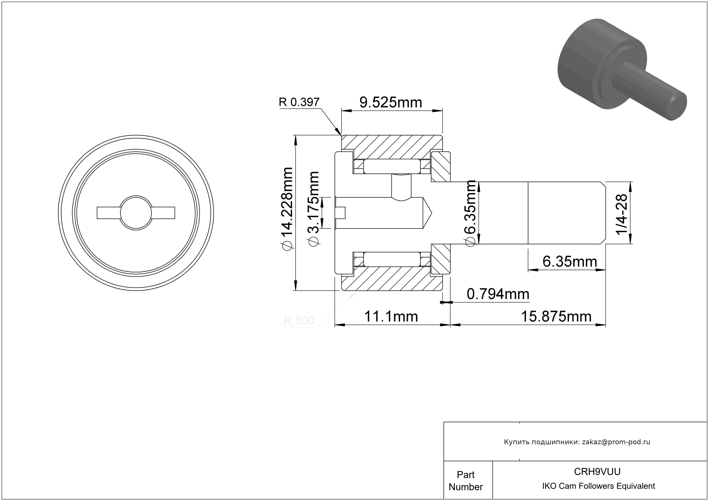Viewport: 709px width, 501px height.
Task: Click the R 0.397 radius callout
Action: (x=299, y=102)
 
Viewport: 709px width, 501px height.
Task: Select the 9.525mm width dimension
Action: (x=391, y=103)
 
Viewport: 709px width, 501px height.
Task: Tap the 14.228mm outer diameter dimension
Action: (x=287, y=209)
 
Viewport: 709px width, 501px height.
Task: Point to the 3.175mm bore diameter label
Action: (x=313, y=209)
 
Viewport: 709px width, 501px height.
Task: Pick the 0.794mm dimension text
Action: (x=498, y=294)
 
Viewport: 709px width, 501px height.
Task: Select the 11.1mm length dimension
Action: (x=391, y=317)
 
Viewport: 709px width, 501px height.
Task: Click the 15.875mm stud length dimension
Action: (x=556, y=317)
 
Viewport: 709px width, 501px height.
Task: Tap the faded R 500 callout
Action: (x=299, y=321)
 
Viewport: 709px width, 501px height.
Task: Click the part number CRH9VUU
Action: (x=597, y=471)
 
